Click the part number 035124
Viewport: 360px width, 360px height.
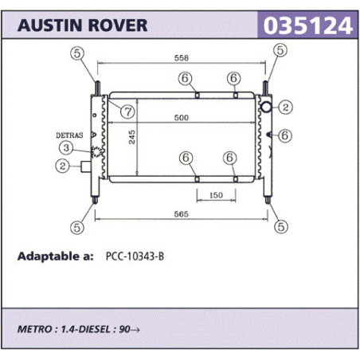(307, 25)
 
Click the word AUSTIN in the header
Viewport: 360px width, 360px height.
(49, 25)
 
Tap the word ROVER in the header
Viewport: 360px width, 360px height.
(118, 25)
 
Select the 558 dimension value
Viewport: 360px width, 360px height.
(182, 58)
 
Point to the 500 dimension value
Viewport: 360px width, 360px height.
(182, 117)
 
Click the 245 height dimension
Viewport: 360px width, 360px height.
(132, 137)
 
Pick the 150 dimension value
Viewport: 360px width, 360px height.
(216, 195)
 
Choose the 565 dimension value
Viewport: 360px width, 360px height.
(181, 214)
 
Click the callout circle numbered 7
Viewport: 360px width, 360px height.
(127, 112)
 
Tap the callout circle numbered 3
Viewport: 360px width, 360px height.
(66, 147)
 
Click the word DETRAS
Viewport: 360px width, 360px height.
(69, 135)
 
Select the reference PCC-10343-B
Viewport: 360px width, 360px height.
(135, 256)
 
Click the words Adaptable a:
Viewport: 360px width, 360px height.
(56, 256)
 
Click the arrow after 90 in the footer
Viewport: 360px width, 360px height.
(135, 330)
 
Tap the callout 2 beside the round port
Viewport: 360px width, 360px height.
(285, 107)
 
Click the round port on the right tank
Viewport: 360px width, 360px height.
(266, 107)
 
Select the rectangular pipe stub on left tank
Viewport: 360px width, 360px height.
(86, 166)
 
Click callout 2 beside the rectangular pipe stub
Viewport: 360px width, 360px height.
(62, 166)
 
